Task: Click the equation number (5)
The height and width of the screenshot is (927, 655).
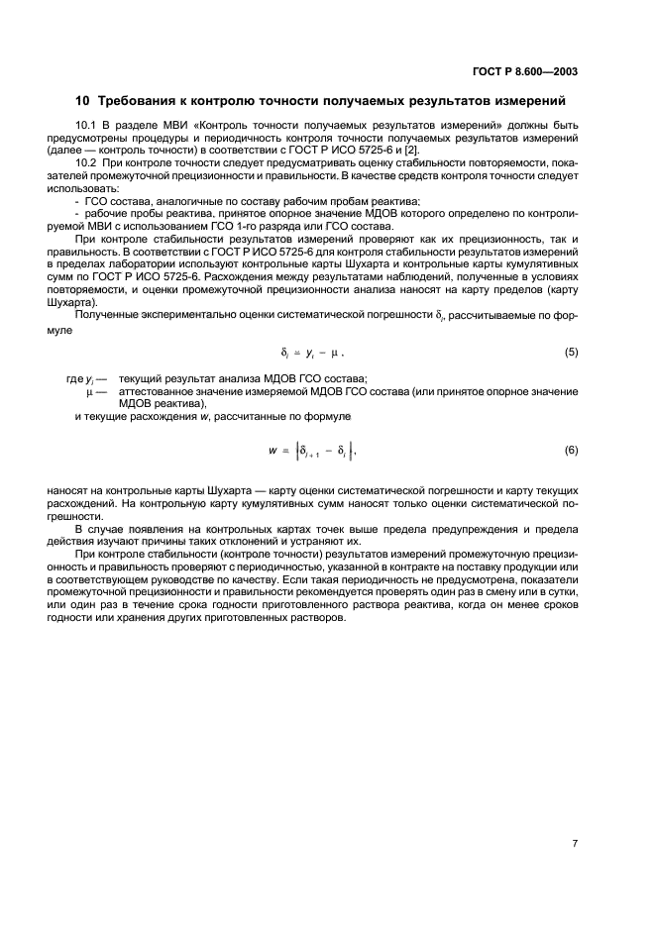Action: tap(571, 352)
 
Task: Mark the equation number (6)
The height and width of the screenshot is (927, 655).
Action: tap(571, 450)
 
